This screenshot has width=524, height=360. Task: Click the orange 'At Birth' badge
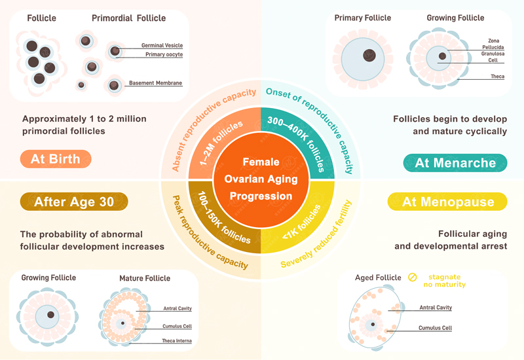coord(55,159)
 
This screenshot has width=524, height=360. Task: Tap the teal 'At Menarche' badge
coord(455,163)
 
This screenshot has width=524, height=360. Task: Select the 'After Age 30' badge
coord(73,202)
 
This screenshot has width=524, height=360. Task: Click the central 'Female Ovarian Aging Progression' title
coord(261,179)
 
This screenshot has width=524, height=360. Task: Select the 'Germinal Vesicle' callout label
coord(162,45)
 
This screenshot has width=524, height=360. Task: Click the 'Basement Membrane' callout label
coord(155,83)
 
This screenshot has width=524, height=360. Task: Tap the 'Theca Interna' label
coord(178,340)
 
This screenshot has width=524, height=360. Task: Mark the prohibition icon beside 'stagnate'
coord(413,278)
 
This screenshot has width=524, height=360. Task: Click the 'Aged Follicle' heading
coord(378,278)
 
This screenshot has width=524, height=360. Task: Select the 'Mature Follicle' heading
coord(145,278)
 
